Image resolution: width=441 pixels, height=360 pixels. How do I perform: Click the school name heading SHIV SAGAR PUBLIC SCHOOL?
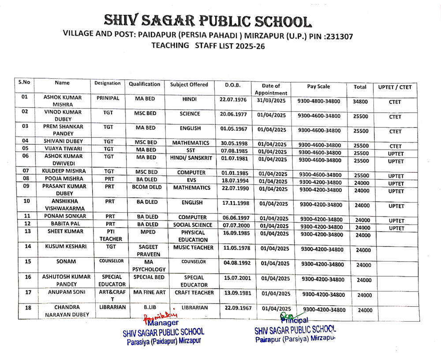[207, 21]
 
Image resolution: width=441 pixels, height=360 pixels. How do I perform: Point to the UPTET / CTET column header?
[395, 87]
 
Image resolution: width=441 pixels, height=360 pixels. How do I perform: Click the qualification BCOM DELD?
[147, 187]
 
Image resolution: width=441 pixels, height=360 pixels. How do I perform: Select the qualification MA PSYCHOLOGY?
[147, 265]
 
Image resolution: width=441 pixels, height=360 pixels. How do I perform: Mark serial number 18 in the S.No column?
[27, 307]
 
